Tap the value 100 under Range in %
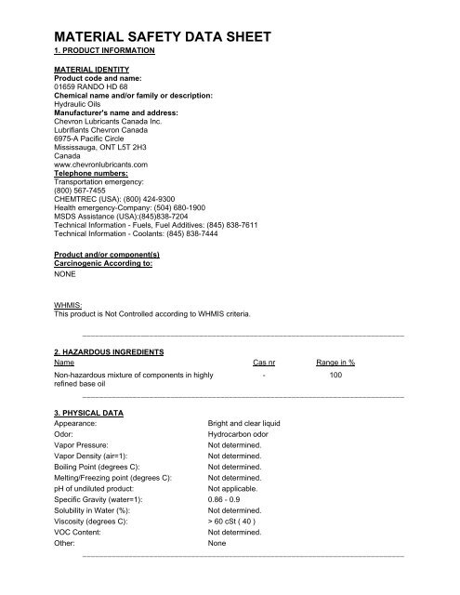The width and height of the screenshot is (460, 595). pos(335,376)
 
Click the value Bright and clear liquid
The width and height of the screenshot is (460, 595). pos(244,422)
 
